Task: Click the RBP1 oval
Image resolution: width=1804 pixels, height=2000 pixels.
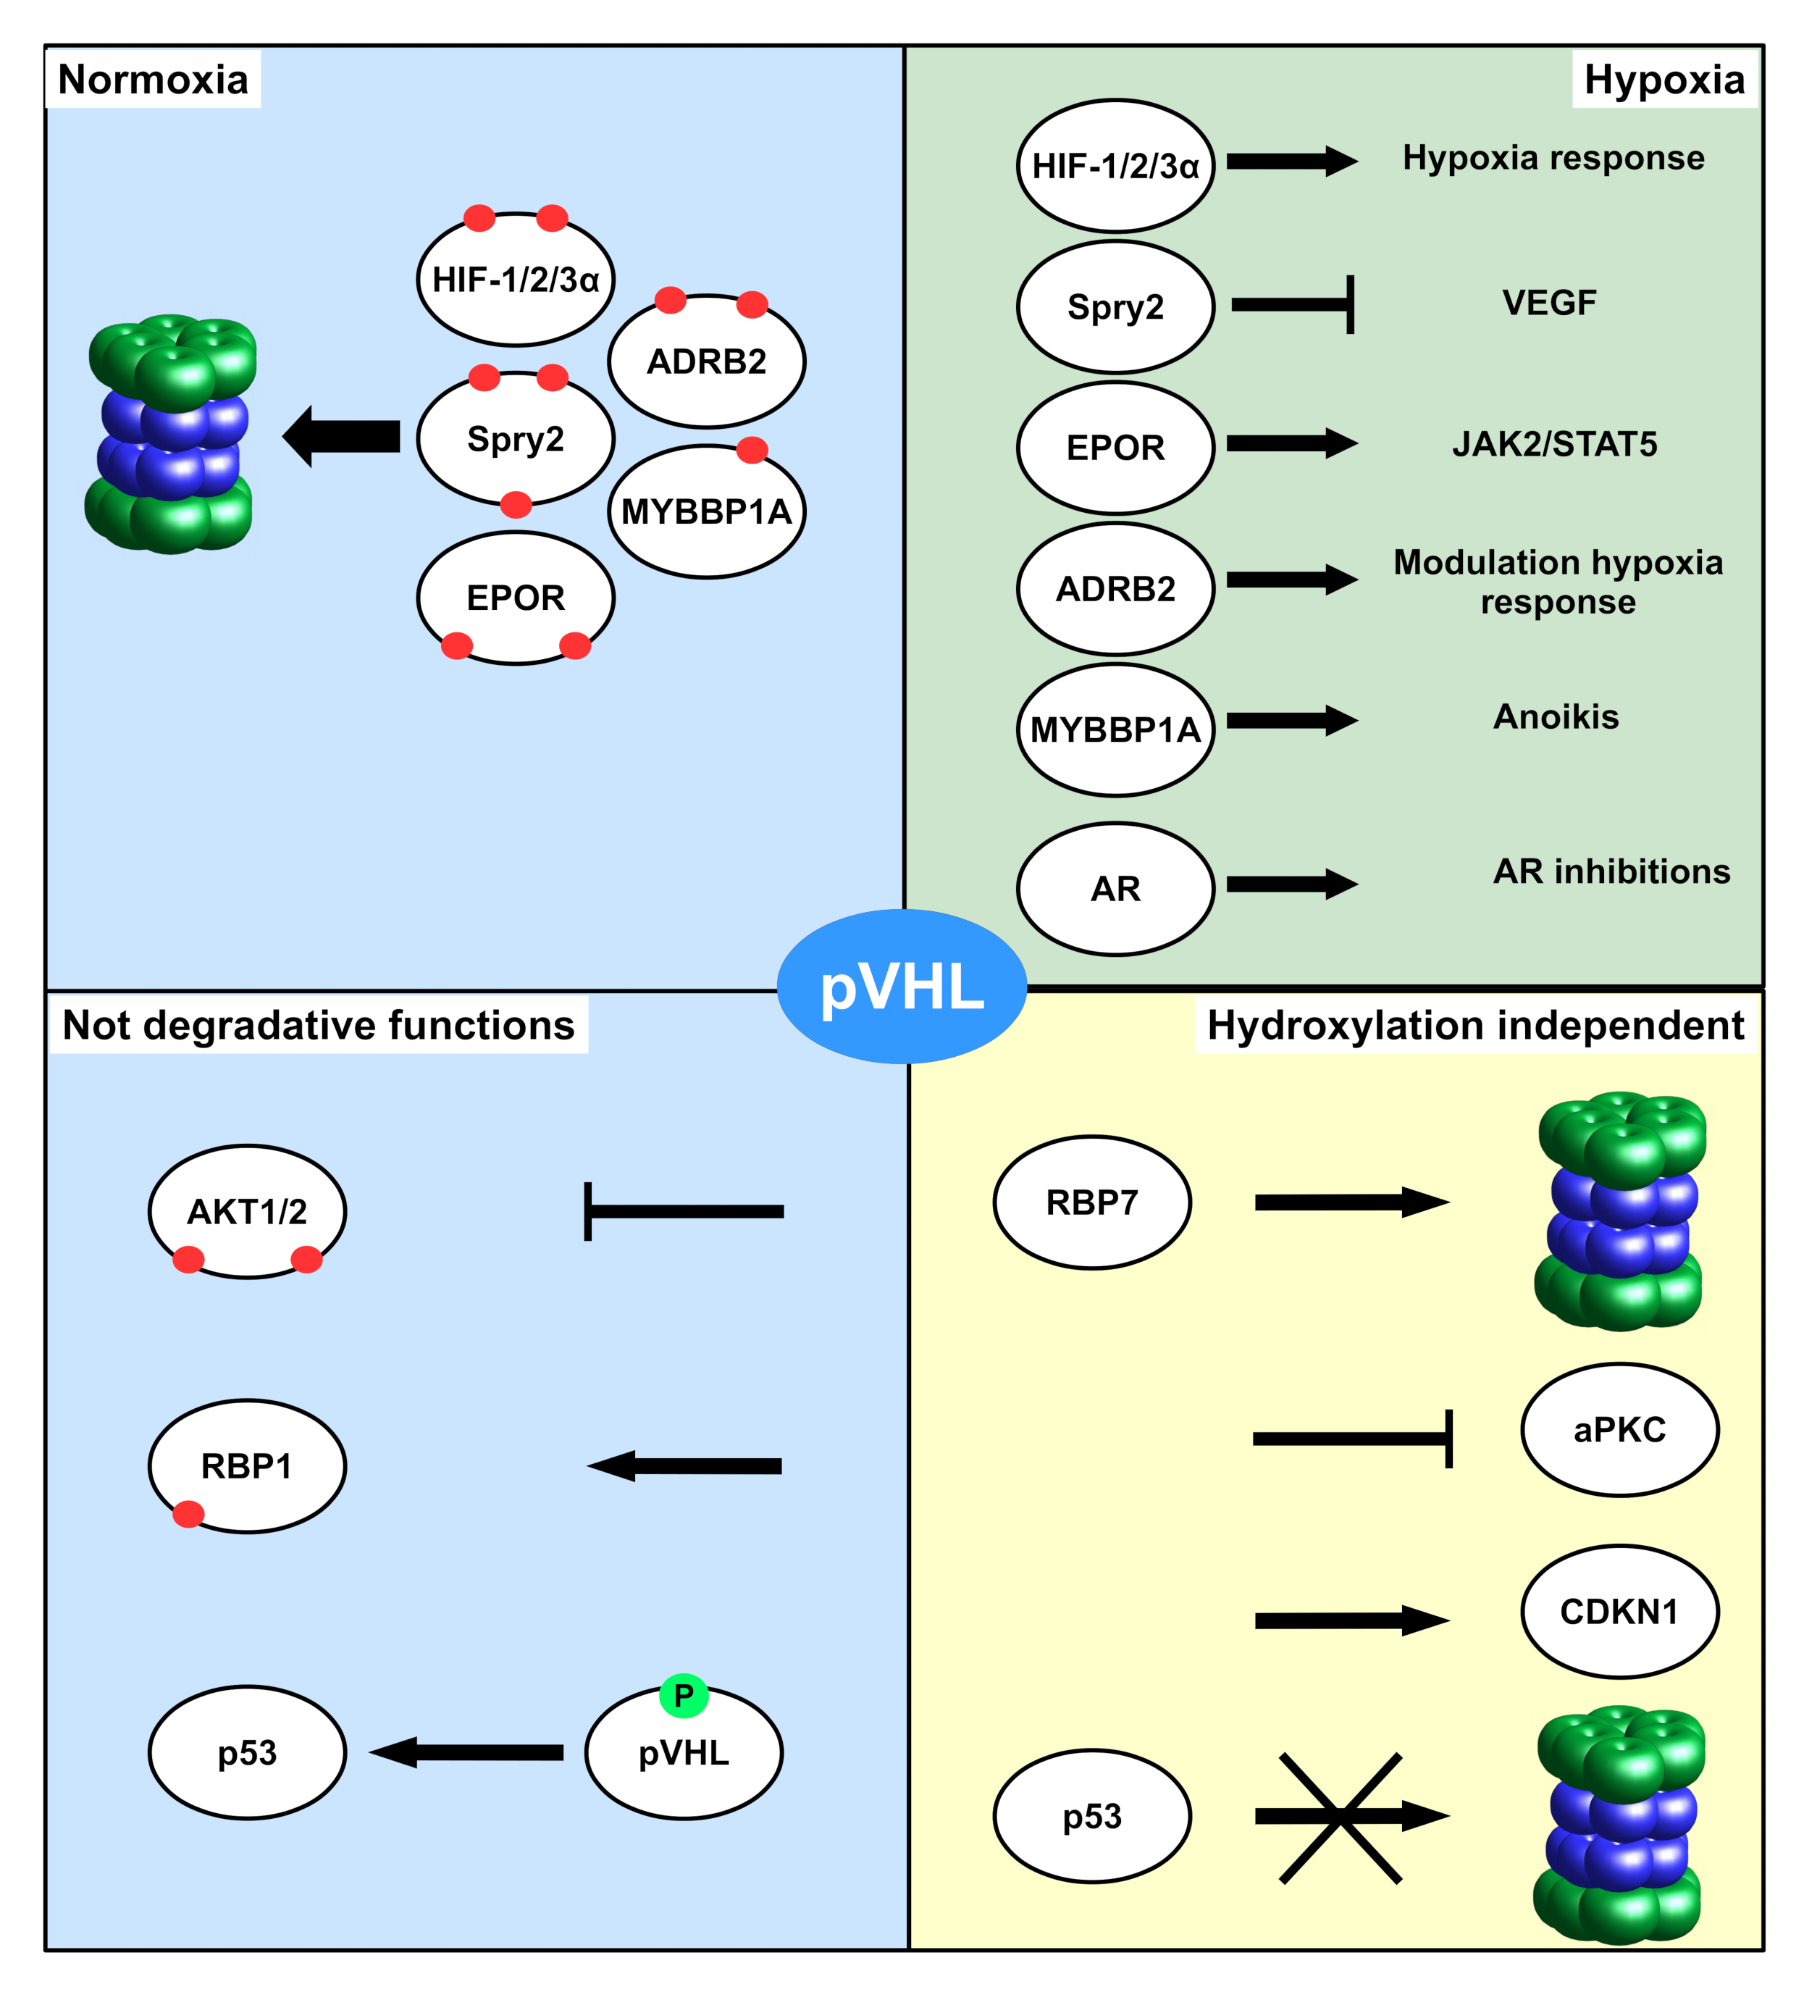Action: (247, 1465)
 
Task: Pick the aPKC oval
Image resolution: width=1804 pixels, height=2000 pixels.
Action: (1619, 1429)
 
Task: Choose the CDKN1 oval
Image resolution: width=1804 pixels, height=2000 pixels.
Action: (1619, 1611)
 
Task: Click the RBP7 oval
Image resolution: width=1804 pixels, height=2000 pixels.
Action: (1091, 1202)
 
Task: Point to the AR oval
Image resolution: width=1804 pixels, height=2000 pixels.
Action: (1115, 889)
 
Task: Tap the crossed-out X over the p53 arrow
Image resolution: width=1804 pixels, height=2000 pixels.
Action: (1340, 1817)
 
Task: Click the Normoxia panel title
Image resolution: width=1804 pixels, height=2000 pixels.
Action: (153, 80)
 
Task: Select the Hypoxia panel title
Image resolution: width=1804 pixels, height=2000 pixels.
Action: (1664, 80)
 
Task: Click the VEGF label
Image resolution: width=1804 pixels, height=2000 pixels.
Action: (1549, 303)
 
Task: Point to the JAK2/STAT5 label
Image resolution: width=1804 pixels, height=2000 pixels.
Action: (1554, 443)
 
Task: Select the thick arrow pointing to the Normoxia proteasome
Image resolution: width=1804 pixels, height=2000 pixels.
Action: (342, 436)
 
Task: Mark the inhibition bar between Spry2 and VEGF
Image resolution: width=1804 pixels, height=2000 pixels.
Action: (1293, 304)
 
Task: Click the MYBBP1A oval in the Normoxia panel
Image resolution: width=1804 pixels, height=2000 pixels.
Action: (706, 511)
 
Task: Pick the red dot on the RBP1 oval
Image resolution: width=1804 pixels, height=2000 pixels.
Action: (188, 1514)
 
